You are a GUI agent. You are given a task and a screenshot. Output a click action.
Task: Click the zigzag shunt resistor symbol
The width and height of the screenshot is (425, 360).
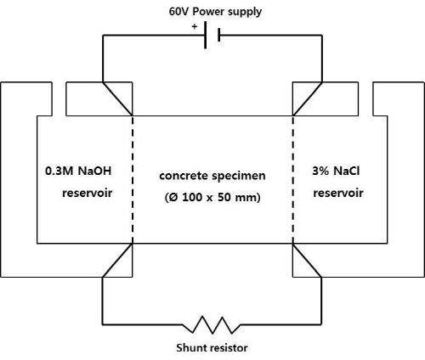click(212, 325)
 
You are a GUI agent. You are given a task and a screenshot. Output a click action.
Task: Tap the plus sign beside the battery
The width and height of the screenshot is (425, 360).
click(195, 27)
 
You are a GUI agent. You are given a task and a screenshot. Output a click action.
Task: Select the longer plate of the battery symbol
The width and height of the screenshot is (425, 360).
click(206, 35)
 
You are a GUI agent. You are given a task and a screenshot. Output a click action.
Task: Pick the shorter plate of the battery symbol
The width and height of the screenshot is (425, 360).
click(219, 35)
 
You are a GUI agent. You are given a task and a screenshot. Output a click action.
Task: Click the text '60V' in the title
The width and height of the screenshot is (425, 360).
click(179, 12)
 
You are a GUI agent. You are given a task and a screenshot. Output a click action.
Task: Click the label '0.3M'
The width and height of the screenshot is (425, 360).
click(59, 171)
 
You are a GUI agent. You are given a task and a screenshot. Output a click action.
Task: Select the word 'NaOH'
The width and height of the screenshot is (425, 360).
click(94, 171)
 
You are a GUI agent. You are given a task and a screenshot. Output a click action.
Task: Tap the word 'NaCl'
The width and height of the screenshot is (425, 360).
click(347, 171)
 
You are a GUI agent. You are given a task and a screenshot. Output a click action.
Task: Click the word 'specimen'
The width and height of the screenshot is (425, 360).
click(239, 177)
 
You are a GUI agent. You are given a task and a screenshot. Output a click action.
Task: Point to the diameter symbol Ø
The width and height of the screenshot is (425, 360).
click(173, 197)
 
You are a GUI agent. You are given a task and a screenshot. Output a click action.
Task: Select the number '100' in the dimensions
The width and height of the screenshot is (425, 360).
click(192, 197)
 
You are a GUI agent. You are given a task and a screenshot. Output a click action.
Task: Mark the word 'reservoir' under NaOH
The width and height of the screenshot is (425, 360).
click(88, 193)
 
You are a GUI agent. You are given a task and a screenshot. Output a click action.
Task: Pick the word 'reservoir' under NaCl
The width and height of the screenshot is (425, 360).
click(338, 193)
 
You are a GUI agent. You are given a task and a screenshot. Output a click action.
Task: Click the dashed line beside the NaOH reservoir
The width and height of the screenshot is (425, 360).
click(133, 179)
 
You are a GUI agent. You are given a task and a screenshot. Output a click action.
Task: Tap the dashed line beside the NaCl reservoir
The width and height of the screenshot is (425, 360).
click(292, 179)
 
